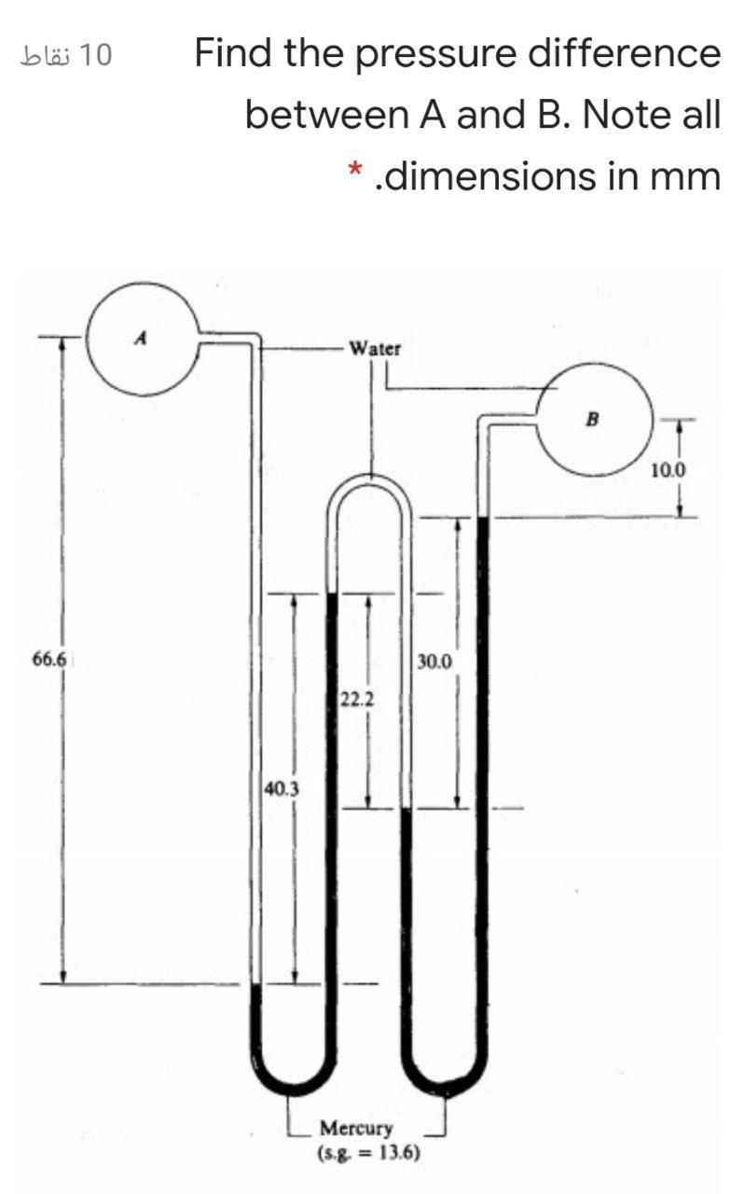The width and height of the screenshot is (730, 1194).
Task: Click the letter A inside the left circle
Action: (140, 338)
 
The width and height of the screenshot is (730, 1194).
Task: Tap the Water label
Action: (375, 349)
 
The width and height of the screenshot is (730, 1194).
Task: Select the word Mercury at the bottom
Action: (356, 1128)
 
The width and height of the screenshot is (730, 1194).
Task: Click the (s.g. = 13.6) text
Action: (369, 1153)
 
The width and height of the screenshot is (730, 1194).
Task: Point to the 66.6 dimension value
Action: (49, 659)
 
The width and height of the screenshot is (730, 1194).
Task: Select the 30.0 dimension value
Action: (434, 662)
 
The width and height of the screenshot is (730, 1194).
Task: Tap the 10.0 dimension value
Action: (668, 471)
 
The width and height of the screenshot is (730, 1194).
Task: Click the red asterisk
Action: (354, 171)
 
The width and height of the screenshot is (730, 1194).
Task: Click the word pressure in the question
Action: (436, 55)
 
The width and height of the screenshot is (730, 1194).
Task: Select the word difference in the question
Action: (624, 53)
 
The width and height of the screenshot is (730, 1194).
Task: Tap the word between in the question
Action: (326, 115)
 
